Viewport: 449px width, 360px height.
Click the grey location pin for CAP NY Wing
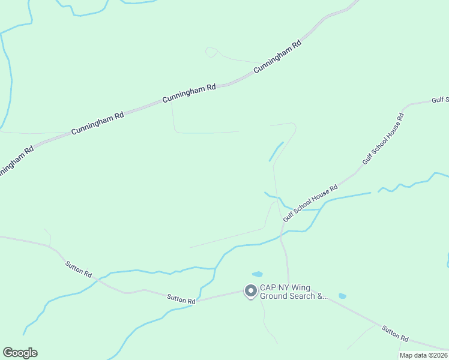[250, 291]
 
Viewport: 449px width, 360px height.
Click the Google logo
[20, 353]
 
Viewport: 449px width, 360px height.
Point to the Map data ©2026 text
[423, 355]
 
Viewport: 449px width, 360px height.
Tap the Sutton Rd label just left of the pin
[181, 298]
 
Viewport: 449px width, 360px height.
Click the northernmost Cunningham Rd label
[277, 57]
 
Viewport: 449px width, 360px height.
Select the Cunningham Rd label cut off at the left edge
[14, 160]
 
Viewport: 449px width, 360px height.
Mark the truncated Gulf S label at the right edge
[440, 101]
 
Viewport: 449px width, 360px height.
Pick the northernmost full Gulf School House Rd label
[384, 139]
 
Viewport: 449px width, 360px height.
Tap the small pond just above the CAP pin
[257, 274]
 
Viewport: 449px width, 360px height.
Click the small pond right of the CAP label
[342, 296]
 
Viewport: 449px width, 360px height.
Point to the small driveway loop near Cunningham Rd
[211, 52]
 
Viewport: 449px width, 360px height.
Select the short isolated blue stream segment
[276, 151]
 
